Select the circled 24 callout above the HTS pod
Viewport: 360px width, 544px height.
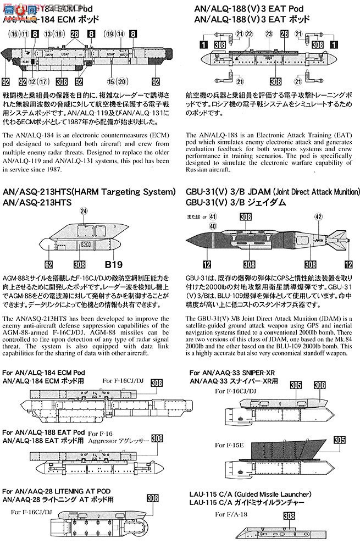click(84, 211)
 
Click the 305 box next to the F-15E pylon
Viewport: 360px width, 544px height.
click(340, 440)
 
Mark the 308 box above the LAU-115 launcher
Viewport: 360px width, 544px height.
click(289, 516)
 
